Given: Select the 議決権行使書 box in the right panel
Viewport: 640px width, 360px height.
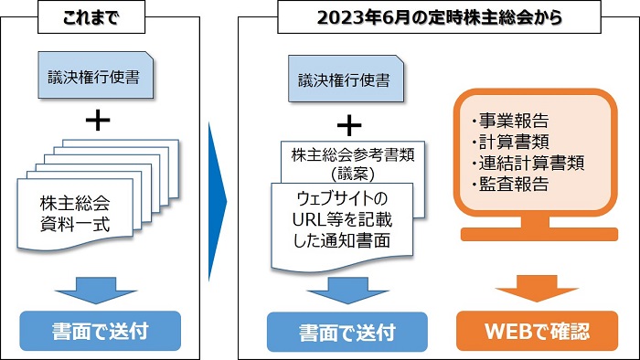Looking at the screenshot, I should (x=344, y=80).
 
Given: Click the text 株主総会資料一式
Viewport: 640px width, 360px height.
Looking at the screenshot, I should (x=75, y=213).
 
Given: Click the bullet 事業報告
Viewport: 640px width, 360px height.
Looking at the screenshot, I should (x=512, y=122).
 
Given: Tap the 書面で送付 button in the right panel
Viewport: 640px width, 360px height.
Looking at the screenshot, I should (x=349, y=332).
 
